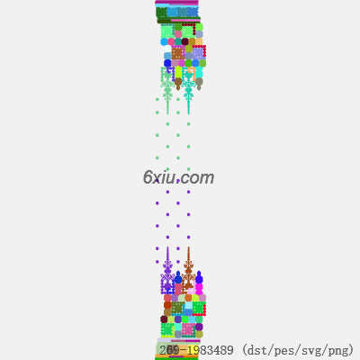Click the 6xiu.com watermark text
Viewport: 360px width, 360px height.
pos(178,177)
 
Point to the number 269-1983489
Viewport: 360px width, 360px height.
pos(196,350)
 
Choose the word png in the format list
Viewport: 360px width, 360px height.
pos(339,351)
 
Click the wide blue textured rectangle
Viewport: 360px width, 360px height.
pos(183,12)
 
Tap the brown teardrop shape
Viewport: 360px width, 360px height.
pos(178,84)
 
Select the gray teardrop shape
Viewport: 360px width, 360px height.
pos(199,84)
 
